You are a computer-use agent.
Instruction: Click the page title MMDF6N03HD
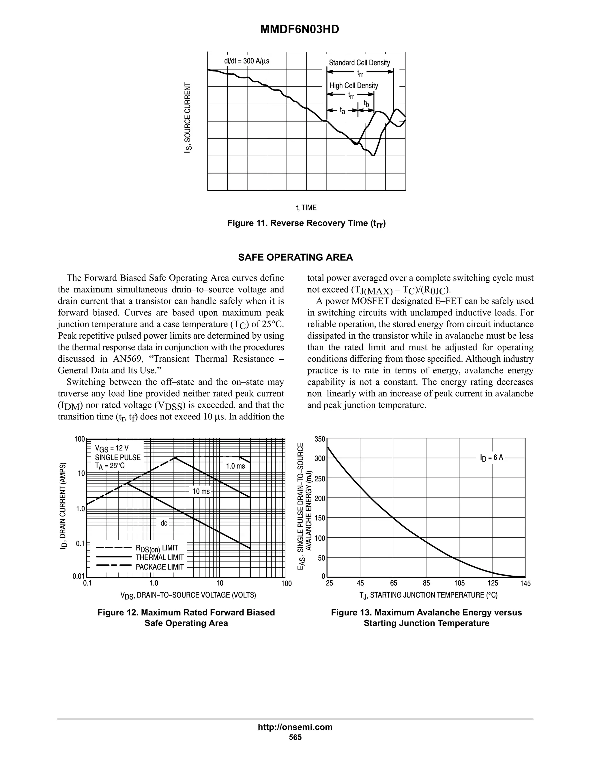(299, 29)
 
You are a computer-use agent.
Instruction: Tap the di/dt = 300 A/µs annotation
(246, 61)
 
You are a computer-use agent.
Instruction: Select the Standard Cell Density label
(359, 63)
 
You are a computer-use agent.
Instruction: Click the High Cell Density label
(354, 85)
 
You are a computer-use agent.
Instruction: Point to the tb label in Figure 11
(366, 104)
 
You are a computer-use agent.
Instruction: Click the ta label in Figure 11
(343, 111)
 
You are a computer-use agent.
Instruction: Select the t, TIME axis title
(306, 208)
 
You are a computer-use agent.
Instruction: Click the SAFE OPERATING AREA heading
(295, 258)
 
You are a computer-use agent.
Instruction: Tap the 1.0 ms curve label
(235, 466)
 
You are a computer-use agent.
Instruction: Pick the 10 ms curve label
(201, 491)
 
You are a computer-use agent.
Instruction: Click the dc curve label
(164, 523)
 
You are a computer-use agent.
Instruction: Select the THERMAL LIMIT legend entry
(160, 557)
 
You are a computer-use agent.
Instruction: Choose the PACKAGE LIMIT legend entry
(160, 567)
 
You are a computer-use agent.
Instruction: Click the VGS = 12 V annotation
(112, 448)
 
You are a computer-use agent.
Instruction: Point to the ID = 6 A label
(491, 458)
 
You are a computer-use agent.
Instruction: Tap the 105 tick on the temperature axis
(459, 583)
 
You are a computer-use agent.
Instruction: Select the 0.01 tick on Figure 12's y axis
(78, 576)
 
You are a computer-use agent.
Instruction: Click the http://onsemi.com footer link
(295, 727)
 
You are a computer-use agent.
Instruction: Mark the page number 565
(295, 737)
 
